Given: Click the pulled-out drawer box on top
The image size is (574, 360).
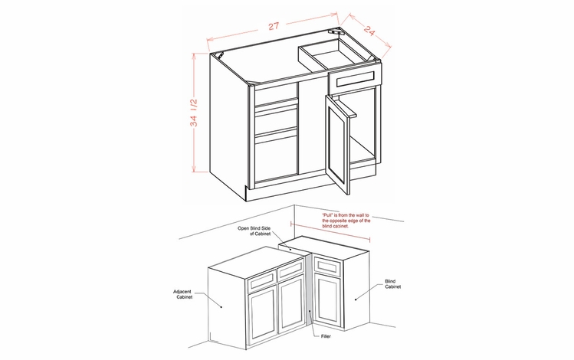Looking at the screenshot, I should point(331,54).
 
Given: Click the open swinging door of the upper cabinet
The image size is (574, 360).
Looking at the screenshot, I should point(337,143).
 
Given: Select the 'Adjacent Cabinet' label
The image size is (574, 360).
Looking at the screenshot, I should point(184,295).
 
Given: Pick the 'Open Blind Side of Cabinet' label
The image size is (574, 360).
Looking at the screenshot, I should point(256,231).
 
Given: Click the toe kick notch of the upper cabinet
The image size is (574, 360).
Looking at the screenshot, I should point(241,191).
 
